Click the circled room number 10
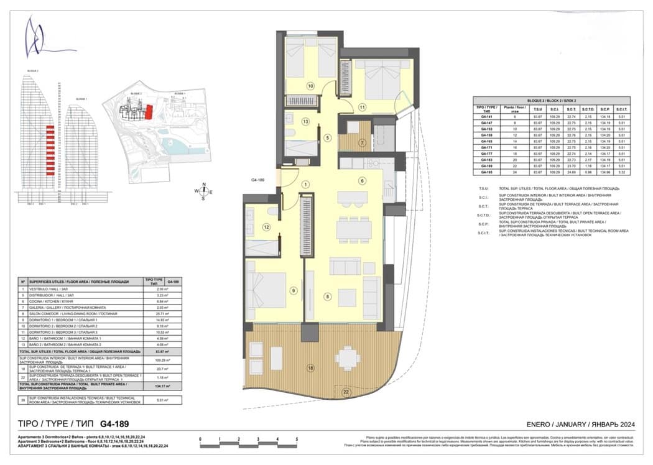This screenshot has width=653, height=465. coord(310,86)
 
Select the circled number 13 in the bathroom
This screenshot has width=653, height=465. coord(305,122)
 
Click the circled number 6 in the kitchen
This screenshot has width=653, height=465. coord(361,181)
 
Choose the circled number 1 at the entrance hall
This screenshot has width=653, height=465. coord(305,184)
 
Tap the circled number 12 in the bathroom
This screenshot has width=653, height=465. coord(266,228)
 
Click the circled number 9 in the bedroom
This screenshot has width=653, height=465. coord(292,290)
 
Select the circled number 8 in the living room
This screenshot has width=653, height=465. coord(327,297)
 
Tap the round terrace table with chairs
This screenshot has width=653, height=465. coord(347,358)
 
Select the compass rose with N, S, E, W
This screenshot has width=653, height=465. coord(203,191)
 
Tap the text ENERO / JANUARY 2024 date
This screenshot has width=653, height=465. coord(580,423)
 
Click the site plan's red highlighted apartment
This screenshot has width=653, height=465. coord(149,112)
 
